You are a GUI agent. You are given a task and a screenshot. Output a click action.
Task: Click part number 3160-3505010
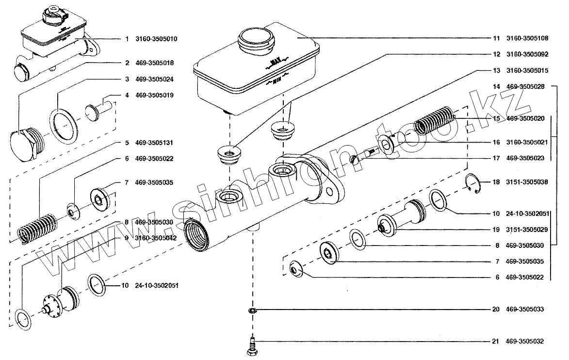(x=156, y=39)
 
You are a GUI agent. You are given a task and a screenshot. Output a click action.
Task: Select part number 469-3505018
(x=155, y=63)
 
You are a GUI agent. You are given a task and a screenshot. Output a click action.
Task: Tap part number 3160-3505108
(x=527, y=38)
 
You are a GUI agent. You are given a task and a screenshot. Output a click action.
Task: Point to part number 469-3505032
(x=525, y=341)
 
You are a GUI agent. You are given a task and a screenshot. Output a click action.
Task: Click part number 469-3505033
(x=525, y=309)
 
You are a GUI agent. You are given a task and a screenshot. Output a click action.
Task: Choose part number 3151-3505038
(x=527, y=182)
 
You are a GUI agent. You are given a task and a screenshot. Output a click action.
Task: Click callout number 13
(x=496, y=70)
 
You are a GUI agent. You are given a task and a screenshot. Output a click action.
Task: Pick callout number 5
(x=127, y=143)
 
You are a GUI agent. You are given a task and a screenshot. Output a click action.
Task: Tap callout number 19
(x=496, y=229)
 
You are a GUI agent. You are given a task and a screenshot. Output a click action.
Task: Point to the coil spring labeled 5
(x=37, y=229)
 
